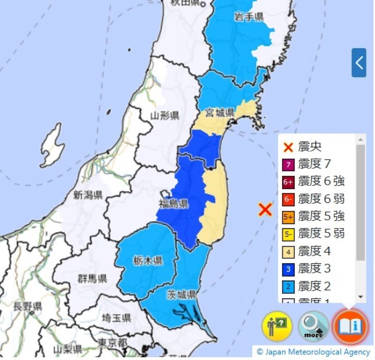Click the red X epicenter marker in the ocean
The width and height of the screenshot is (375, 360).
click(x=265, y=209)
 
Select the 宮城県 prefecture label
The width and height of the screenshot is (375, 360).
click(x=219, y=112)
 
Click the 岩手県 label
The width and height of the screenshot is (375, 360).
click(x=248, y=17)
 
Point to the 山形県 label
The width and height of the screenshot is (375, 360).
click(x=165, y=116)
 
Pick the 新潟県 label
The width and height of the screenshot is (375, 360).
click(x=88, y=196)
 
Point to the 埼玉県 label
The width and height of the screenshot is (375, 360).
click(x=116, y=318)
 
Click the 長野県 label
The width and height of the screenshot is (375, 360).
click(x=27, y=307)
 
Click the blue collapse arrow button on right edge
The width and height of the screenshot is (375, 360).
click(x=359, y=62)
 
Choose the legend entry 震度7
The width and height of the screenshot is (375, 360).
click(x=314, y=164)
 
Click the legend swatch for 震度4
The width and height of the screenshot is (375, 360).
click(x=288, y=251)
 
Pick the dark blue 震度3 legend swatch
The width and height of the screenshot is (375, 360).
click(x=288, y=269)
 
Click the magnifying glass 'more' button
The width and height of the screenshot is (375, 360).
click(x=314, y=326)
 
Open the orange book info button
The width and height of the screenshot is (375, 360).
click(x=350, y=326)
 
